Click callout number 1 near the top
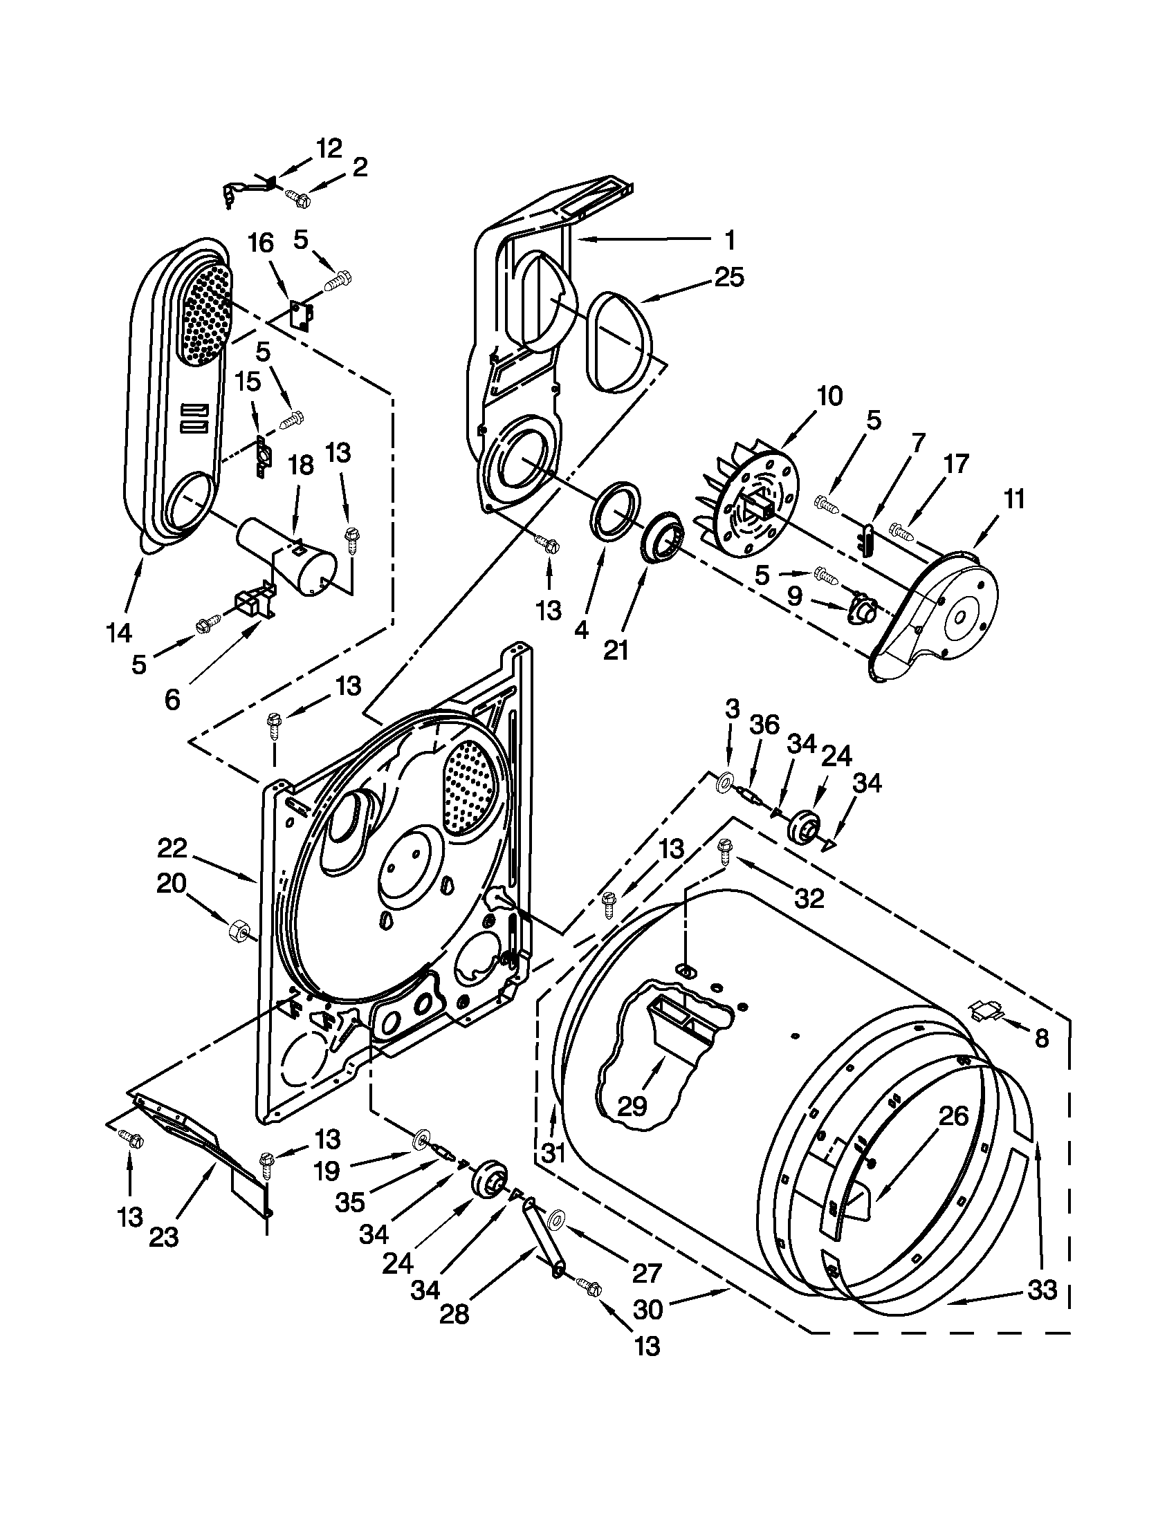click(x=729, y=241)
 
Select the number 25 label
click(x=729, y=277)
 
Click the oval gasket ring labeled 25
click(x=622, y=342)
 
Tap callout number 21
click(x=616, y=650)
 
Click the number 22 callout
click(x=172, y=848)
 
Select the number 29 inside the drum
click(x=632, y=1106)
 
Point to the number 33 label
click(x=1043, y=1290)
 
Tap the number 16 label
click(x=261, y=243)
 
